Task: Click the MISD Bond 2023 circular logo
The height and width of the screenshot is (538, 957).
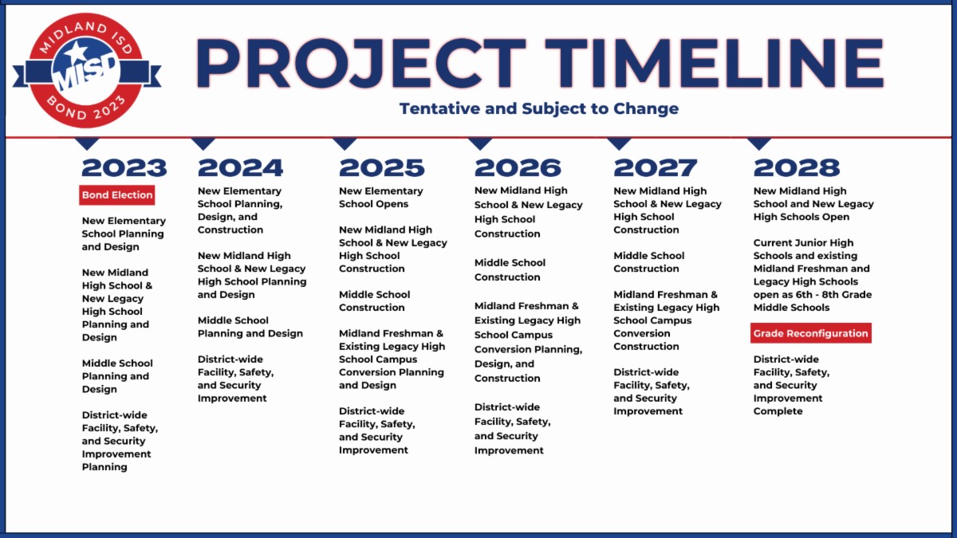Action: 87,70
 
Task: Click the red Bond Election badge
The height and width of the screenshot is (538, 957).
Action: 117,195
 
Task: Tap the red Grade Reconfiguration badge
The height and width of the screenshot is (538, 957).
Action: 811,333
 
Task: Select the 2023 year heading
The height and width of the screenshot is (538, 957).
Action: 124,168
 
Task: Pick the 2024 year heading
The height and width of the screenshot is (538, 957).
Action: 240,168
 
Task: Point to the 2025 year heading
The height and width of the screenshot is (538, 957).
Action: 381,168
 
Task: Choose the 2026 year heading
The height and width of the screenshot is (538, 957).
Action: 518,168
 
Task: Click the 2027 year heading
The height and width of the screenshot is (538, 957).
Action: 656,168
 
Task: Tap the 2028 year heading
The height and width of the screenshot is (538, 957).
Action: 797,168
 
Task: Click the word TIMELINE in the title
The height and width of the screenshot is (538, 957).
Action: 714,63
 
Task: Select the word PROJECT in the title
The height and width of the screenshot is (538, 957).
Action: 360,63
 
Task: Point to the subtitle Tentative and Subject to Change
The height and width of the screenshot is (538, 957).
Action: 539,108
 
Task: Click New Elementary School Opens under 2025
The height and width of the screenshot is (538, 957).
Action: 380,198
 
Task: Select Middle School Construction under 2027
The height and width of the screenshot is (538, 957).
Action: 648,262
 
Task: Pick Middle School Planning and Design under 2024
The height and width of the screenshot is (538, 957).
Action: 250,327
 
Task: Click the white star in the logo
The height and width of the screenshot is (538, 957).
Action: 77,52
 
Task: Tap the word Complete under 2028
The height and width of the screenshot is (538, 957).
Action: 778,411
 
